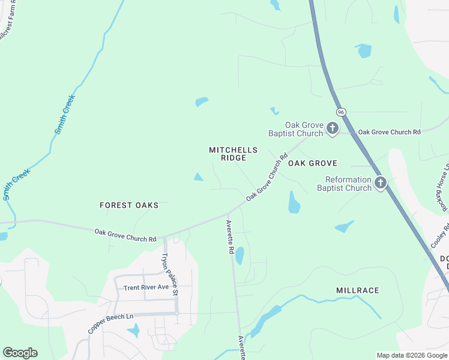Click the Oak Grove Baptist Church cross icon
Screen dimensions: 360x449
pyautogui.click(x=332, y=128)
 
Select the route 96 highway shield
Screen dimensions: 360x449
pyautogui.click(x=341, y=112)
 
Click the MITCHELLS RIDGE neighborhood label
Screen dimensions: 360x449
pyautogui.click(x=234, y=154)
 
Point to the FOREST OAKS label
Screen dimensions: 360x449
pyautogui.click(x=129, y=205)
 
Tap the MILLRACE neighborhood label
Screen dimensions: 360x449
pyautogui.click(x=358, y=290)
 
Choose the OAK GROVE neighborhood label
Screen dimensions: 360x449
pyautogui.click(x=313, y=163)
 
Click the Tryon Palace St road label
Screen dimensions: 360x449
pyautogui.click(x=169, y=274)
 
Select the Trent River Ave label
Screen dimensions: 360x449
pyautogui.click(x=146, y=287)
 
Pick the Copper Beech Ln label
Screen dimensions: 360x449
pyautogui.click(x=109, y=323)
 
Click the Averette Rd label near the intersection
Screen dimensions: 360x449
pyautogui.click(x=229, y=237)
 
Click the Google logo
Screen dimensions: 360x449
pyautogui.click(x=20, y=353)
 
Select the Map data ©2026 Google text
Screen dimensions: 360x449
pyautogui.click(x=411, y=355)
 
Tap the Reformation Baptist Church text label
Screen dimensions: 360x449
pyautogui.click(x=348, y=184)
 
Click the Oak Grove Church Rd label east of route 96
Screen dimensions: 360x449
pyautogui.click(x=389, y=131)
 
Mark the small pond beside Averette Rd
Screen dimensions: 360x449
pyautogui.click(x=240, y=256)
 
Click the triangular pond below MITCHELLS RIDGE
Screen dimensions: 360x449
pyautogui.click(x=198, y=176)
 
